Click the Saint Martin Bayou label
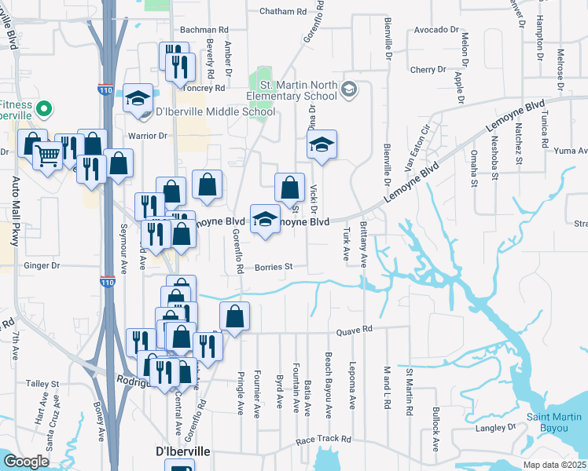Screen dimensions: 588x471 (555, 422)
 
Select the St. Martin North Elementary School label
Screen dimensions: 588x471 (300, 91)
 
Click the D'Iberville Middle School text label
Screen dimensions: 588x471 (221, 111)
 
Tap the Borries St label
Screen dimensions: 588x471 (274, 267)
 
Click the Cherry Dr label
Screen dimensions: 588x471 (428, 70)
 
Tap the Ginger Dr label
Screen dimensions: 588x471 (44, 266)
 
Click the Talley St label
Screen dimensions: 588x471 (38, 384)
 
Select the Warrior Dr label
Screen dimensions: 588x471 (148, 136)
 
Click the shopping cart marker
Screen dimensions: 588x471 (48, 156)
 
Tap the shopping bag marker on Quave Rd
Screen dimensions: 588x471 (234, 316)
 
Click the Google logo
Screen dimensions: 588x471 (27, 462)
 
